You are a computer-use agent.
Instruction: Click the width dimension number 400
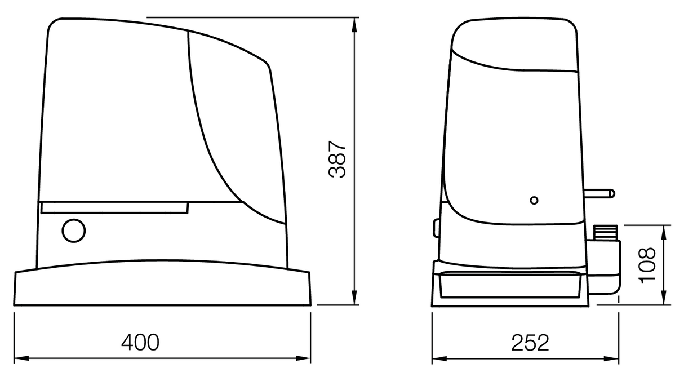tap(140, 342)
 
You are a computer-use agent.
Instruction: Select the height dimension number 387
tap(337, 160)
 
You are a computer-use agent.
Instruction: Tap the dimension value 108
tap(648, 264)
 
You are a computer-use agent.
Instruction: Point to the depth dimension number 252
tap(530, 342)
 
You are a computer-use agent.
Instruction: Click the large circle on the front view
tap(74, 231)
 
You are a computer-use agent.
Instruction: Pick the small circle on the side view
tap(534, 200)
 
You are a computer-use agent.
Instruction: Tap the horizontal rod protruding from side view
tap(602, 194)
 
